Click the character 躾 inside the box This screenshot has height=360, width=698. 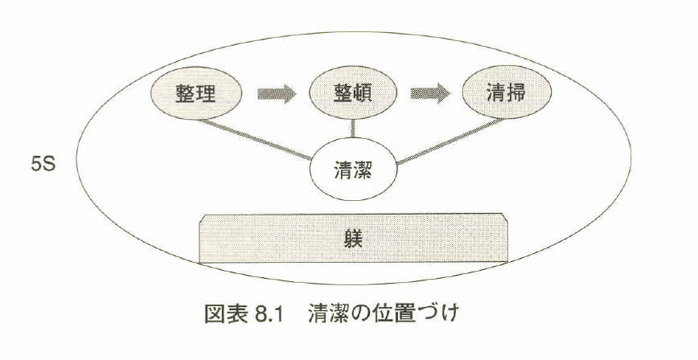point(354,239)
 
